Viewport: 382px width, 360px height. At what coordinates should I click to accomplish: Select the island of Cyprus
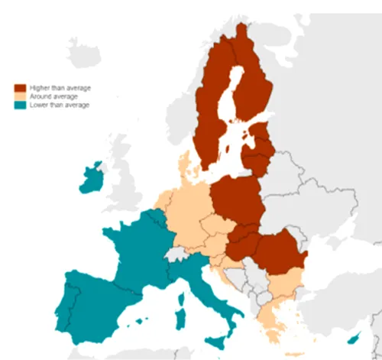click(354, 339)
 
